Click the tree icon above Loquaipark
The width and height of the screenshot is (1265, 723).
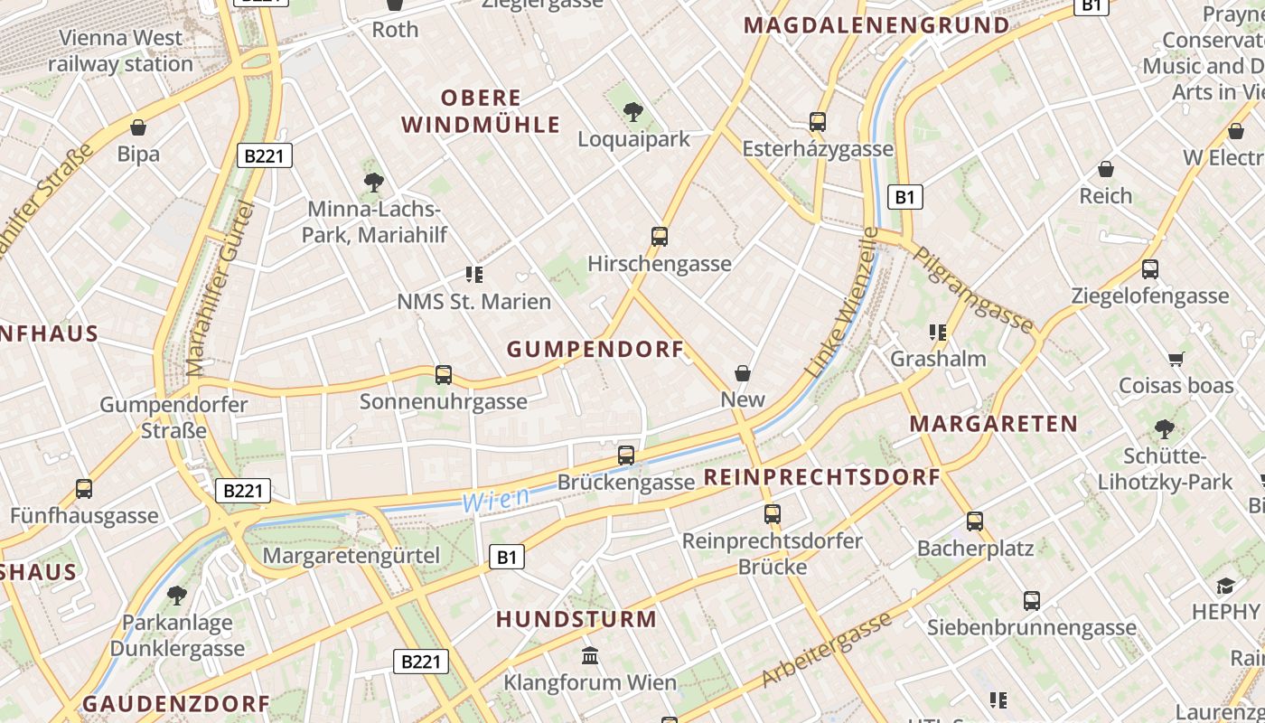pos(633,112)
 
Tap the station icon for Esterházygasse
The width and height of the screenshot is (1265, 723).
pos(818,121)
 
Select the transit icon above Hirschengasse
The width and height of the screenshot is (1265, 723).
pos(660,237)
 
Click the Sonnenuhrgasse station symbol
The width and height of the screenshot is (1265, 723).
pos(444,374)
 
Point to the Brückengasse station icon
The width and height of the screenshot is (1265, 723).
pos(626,455)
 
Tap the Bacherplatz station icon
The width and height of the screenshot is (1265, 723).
pos(975,521)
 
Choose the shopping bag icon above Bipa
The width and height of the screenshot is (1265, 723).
pos(138,127)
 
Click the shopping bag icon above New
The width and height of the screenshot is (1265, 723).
pos(743,372)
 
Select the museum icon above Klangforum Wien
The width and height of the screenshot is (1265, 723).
pos(590,654)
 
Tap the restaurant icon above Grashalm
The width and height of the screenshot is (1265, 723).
pos(938,332)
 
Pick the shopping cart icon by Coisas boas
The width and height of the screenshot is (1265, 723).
pos(1176,360)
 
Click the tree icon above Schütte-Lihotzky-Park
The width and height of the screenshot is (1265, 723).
pos(1165,428)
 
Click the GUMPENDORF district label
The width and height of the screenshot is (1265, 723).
pos(595,349)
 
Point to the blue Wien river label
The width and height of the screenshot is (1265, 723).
pos(496,499)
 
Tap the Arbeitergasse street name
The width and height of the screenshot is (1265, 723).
pos(828,648)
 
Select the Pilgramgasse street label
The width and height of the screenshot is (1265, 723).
pos(974,289)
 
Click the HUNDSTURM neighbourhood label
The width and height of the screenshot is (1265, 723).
pos(576,619)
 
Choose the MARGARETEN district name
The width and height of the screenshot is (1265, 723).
pos(993,423)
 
